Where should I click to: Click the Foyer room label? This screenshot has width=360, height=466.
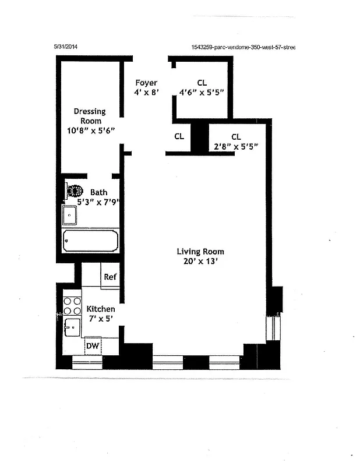click(146, 83)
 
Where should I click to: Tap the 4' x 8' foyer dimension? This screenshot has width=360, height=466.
click(146, 92)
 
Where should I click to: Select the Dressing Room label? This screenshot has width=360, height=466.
click(89, 116)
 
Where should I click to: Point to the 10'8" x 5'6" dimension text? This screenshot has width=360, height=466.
click(91, 130)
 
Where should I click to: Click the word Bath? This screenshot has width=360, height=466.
click(98, 192)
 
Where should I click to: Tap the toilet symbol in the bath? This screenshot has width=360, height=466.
click(75, 191)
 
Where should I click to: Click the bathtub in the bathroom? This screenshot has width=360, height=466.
click(91, 239)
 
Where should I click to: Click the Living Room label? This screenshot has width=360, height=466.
click(200, 252)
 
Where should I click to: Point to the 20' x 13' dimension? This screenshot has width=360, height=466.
click(200, 262)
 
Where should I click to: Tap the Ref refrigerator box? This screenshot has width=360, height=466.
click(110, 277)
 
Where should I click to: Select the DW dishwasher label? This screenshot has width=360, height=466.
click(92, 347)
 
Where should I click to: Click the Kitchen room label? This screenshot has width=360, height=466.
click(101, 309)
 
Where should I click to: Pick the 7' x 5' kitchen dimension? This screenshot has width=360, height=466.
click(101, 319)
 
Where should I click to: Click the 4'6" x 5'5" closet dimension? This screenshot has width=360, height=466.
click(202, 92)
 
